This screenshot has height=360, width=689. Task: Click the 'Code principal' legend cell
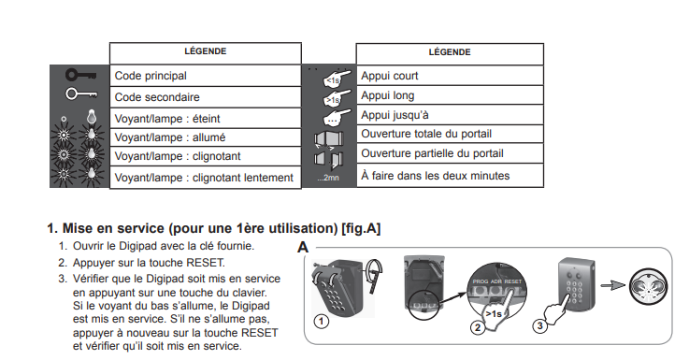point(206,76)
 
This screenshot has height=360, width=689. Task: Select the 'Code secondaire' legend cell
point(206,96)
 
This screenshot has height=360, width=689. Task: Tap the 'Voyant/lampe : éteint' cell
point(206,118)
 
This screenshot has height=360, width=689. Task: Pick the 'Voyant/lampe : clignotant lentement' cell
point(206,178)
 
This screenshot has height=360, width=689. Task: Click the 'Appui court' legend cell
point(450,76)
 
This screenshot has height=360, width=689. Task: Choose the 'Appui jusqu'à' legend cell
point(450,115)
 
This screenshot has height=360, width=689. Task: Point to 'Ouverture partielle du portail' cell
point(450,153)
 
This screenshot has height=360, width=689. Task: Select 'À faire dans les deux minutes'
point(450,176)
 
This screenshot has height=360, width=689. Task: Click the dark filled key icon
point(80,75)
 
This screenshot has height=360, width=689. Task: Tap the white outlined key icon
point(81,94)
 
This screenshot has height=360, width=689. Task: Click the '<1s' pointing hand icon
point(337,79)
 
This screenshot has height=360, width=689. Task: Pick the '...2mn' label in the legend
point(328,178)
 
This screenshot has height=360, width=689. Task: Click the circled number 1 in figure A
point(322,322)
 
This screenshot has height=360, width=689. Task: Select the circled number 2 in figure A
point(477,327)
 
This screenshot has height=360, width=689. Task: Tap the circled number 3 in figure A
point(539,326)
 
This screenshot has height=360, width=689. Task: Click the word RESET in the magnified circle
point(513,281)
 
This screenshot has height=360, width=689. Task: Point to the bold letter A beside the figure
point(303,247)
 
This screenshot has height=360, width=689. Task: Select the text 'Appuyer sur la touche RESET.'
point(149,263)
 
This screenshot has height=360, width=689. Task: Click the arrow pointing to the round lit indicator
point(612,285)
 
